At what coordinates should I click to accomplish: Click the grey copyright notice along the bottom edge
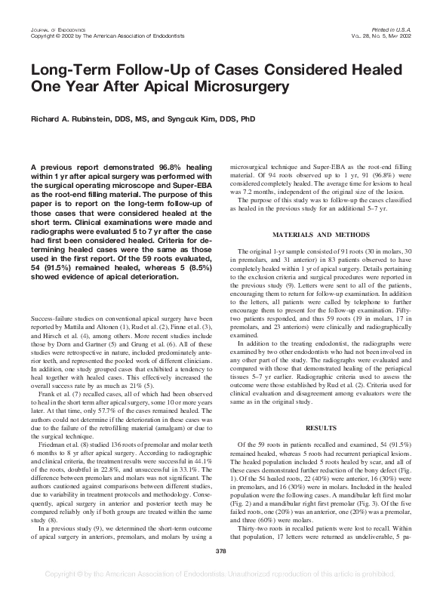click(221, 584)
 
